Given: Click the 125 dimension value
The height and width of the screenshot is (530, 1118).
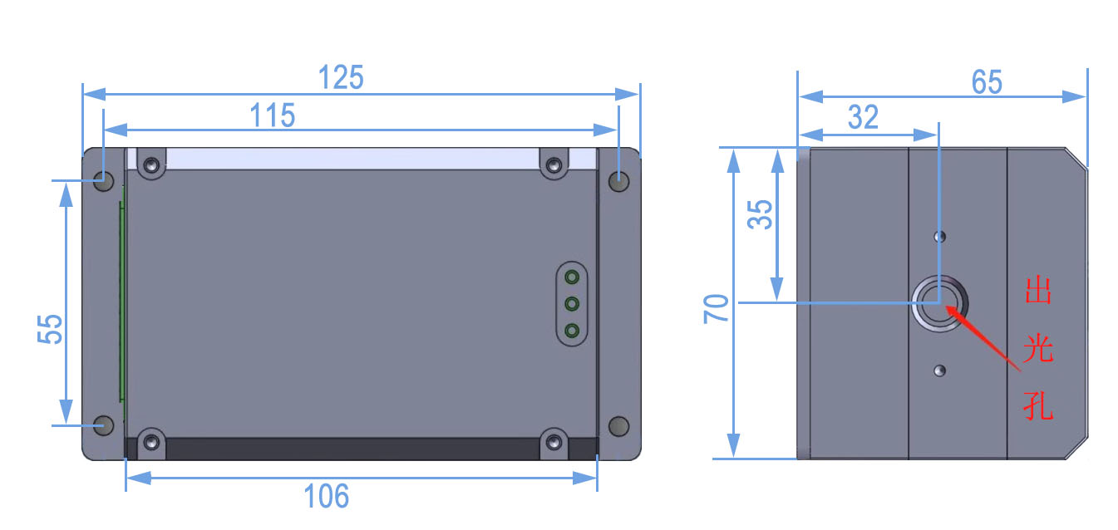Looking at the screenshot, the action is click(341, 77).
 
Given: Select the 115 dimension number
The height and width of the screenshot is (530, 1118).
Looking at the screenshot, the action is click(273, 115).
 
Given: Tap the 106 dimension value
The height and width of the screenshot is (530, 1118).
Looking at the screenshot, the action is click(327, 496).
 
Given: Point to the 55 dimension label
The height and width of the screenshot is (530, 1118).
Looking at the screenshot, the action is click(50, 329).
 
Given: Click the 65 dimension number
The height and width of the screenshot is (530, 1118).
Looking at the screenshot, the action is click(987, 81).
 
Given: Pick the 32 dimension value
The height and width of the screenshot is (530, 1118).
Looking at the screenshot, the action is click(863, 117).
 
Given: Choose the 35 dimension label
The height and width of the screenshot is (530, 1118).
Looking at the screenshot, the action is click(760, 214).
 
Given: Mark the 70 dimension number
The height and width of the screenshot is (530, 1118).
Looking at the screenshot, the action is click(717, 309).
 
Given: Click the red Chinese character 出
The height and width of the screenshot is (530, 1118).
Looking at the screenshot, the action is click(1039, 290).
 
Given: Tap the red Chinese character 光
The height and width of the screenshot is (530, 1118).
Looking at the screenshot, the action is click(1038, 347).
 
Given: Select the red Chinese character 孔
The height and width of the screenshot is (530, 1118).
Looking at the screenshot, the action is click(1038, 405).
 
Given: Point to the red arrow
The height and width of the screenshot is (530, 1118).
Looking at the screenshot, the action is click(983, 338).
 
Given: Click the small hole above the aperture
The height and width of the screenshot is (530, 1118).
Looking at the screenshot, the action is click(940, 236).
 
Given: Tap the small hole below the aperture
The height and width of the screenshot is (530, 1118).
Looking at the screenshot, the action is click(940, 371).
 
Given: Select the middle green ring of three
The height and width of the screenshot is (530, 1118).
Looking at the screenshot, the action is click(572, 304).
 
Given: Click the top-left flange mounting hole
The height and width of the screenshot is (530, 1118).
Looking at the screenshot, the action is click(104, 181).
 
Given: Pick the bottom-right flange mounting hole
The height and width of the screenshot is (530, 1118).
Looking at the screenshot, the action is click(619, 426).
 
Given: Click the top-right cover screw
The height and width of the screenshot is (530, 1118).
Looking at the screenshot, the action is click(554, 165).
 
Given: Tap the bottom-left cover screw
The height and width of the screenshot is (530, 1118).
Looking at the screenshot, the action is click(152, 442).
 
